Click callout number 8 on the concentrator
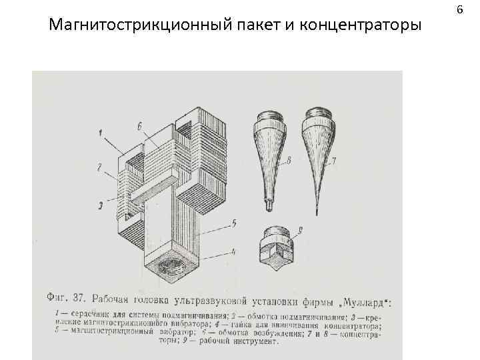(x=289, y=160)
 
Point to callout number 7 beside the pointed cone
(x=333, y=160)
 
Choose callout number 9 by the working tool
(x=300, y=231)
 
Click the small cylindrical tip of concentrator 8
(x=268, y=205)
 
